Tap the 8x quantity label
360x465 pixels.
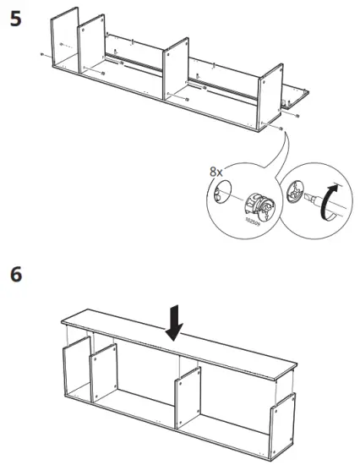216,172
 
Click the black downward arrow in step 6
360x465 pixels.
174,324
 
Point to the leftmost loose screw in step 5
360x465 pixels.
41,53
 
